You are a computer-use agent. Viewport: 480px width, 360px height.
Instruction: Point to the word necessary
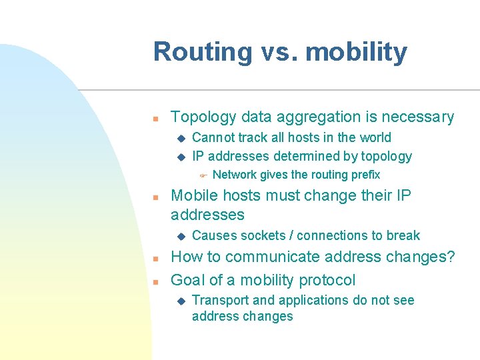(x=419, y=117)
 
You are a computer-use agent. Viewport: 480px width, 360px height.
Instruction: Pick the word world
(x=375, y=138)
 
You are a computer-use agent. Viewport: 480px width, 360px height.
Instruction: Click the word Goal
(x=187, y=280)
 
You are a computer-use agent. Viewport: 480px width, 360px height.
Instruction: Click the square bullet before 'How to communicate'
(x=154, y=259)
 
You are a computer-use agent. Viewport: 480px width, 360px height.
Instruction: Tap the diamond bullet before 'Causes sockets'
(x=179, y=235)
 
